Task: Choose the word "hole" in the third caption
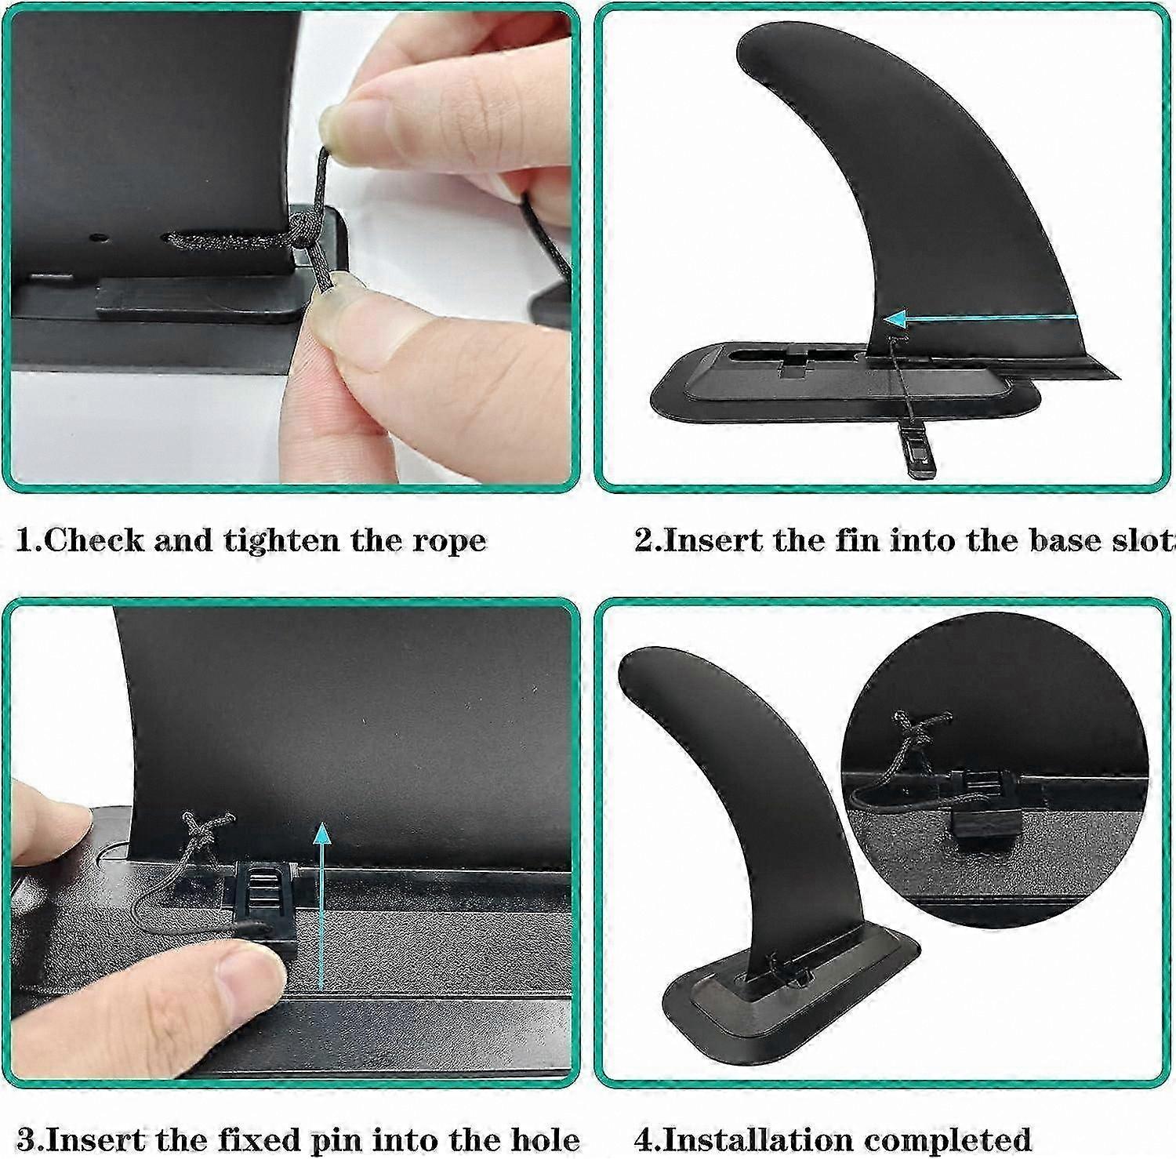point(542,1139)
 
